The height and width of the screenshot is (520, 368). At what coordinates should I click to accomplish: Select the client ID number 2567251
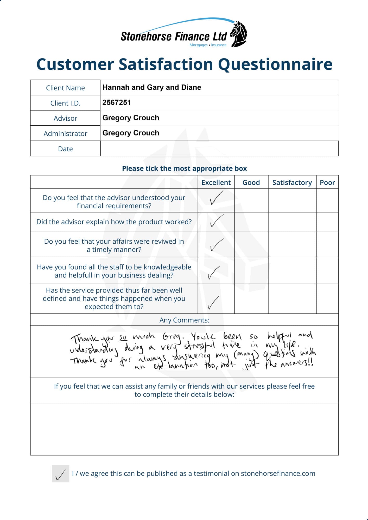[x=117, y=102]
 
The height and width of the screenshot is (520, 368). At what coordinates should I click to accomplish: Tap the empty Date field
[x=219, y=148]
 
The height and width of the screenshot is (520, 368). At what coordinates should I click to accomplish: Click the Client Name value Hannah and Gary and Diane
[x=152, y=87]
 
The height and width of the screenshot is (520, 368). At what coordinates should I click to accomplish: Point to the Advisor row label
[x=65, y=118]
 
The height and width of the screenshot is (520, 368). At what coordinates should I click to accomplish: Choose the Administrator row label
[x=65, y=133]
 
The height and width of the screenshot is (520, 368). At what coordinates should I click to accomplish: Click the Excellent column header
[x=216, y=183]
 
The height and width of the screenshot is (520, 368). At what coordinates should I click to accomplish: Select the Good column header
[x=251, y=183]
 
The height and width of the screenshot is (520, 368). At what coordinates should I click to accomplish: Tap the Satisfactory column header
[x=292, y=183]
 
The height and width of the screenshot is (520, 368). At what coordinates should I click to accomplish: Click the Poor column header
[x=327, y=183]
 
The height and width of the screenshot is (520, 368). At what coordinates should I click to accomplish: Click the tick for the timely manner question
[x=216, y=245]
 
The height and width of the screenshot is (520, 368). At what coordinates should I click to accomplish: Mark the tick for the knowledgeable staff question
[x=214, y=272]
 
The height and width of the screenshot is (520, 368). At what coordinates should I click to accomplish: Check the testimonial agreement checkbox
[x=60, y=473]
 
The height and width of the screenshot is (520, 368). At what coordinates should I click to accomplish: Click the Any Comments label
[x=184, y=320]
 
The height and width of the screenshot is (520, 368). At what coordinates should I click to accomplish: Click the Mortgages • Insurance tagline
[x=208, y=45]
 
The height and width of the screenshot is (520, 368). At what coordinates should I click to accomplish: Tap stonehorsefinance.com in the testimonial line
[x=278, y=473]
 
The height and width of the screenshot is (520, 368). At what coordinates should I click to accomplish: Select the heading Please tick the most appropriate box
[x=184, y=168]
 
